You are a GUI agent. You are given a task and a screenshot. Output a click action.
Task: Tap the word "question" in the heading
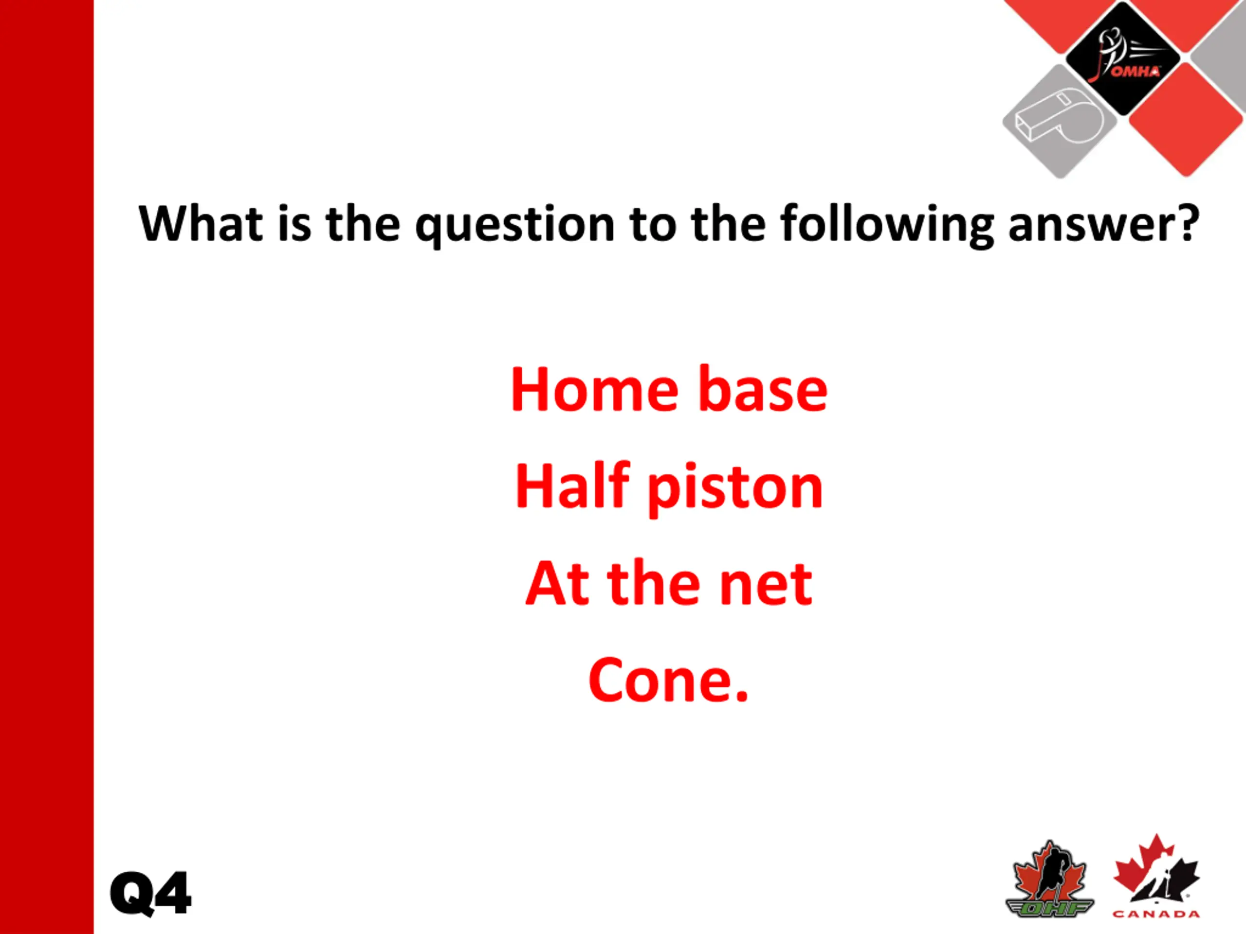(x=515, y=226)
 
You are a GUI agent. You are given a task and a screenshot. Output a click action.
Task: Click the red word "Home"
(x=595, y=390)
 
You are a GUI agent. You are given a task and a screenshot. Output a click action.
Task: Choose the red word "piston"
(x=735, y=489)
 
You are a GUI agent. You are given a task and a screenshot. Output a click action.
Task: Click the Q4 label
(x=151, y=893)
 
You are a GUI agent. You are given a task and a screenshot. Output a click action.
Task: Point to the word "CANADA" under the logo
(x=1156, y=914)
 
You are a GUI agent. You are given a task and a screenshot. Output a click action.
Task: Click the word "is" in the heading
(x=294, y=225)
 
